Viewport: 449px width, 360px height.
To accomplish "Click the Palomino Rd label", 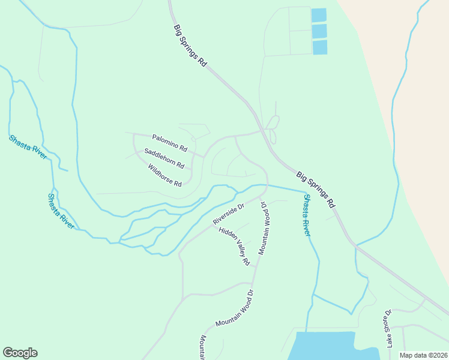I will [170, 142].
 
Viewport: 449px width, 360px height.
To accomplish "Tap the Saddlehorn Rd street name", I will [164, 158].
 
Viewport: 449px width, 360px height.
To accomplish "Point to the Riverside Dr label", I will [229, 215].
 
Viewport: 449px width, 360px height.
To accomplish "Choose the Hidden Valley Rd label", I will [234, 246].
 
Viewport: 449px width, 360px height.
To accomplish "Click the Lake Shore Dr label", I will [389, 329].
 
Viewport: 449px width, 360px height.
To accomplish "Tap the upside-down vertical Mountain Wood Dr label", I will [263, 228].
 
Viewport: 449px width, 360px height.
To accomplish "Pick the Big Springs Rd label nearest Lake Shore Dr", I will [315, 189].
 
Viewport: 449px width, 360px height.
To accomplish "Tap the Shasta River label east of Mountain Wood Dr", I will [306, 215].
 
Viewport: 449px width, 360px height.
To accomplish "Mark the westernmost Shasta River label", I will [28, 147].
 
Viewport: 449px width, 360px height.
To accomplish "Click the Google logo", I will [20, 353].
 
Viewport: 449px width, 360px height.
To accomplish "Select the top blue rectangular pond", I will [319, 15].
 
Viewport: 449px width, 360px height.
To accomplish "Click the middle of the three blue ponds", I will [319, 31].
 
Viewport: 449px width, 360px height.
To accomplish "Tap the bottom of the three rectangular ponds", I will [319, 47].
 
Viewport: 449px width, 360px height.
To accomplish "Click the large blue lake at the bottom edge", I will [324, 347].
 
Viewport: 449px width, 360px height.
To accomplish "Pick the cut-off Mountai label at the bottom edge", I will [203, 347].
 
